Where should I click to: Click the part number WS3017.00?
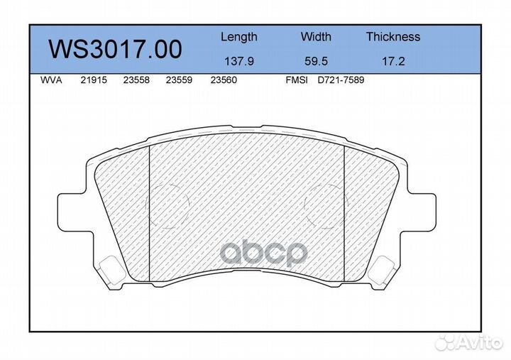pos(114,49)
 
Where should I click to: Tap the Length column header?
pos(238,37)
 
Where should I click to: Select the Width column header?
pos(316,37)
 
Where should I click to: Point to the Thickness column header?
pos(392,37)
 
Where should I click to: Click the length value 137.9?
pos(238,61)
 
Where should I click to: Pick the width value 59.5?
pos(316,61)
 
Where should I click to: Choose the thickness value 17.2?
pos(392,61)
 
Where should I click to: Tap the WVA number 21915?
pos(93,81)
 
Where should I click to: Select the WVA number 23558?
pos(136,81)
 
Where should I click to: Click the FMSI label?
pos(296,81)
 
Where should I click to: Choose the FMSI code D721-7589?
pos(340,81)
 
